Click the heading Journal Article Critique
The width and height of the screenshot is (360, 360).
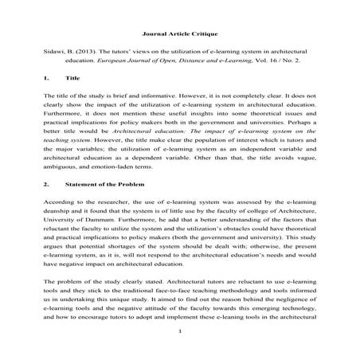point(179,35)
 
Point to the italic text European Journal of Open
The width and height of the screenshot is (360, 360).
point(160,70)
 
